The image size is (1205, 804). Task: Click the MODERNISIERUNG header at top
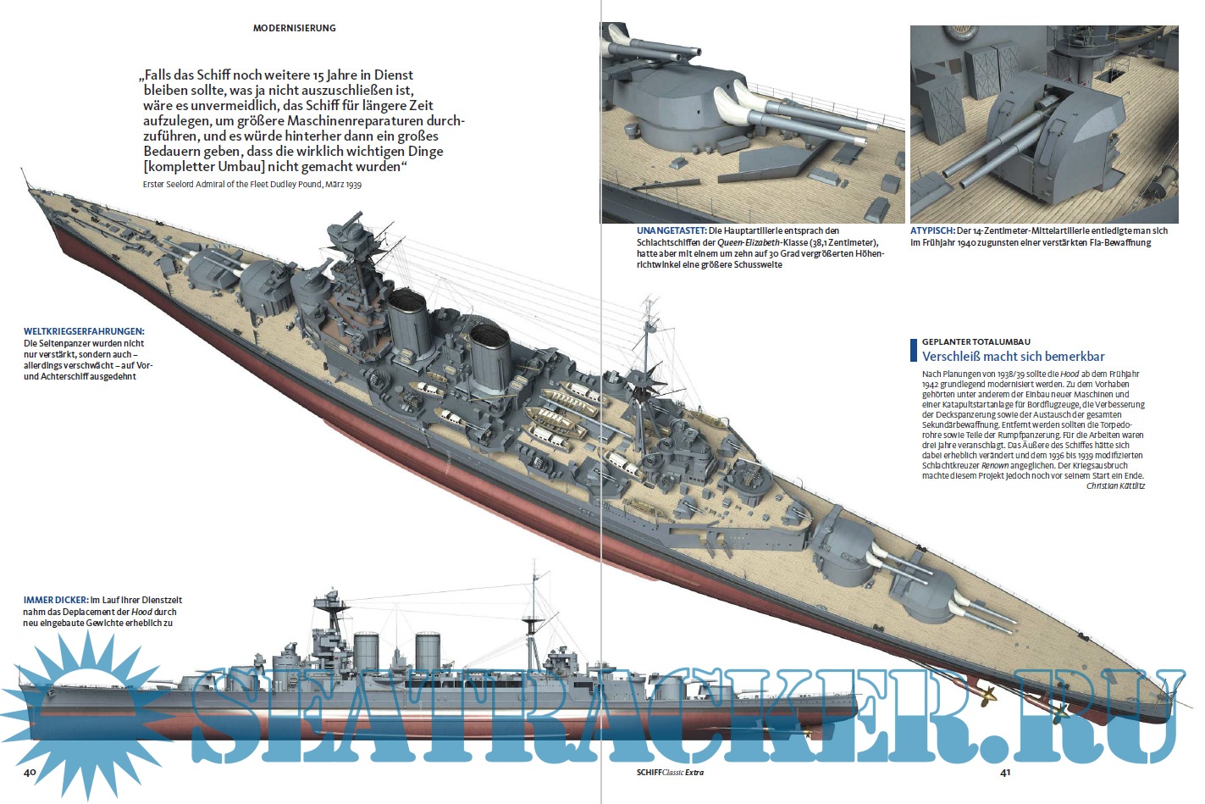point(294,28)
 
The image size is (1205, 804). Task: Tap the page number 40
point(30,772)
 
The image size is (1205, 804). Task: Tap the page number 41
point(1005,772)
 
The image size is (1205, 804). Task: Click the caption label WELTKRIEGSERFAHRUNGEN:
point(83,331)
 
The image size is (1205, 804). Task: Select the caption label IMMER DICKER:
point(55,600)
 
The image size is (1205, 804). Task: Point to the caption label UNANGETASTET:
point(672,230)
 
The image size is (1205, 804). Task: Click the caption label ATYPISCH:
point(932,230)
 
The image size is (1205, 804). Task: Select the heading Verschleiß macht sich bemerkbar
point(1013,357)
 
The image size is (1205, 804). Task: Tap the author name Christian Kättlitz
point(1115,486)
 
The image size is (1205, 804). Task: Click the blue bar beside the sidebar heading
point(914,350)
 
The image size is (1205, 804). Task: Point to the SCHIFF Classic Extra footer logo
point(670,772)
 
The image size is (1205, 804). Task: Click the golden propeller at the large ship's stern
point(987,696)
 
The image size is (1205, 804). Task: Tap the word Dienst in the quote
point(394,75)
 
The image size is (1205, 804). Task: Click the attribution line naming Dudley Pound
point(252,184)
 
